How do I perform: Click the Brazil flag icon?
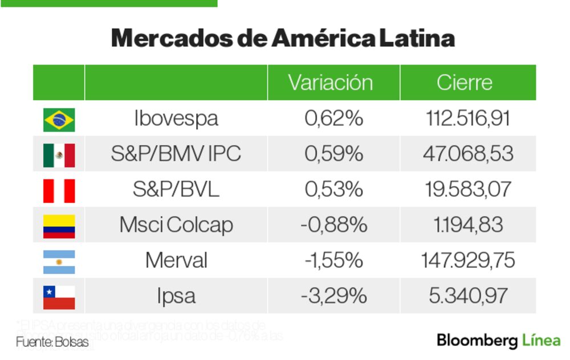(59, 120)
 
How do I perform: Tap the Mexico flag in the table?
(59, 155)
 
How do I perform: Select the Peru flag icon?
(59, 190)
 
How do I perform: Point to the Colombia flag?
(59, 226)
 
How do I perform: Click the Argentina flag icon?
(59, 261)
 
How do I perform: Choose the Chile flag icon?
(59, 297)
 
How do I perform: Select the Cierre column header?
(465, 83)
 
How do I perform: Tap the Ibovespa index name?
(176, 118)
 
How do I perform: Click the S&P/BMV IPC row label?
(176, 154)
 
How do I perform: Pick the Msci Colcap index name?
(176, 225)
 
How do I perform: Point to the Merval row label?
(176, 260)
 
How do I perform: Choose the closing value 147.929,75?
(468, 260)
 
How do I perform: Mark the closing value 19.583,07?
(468, 189)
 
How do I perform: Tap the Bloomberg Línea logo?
(499, 341)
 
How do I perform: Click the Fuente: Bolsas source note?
(52, 342)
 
